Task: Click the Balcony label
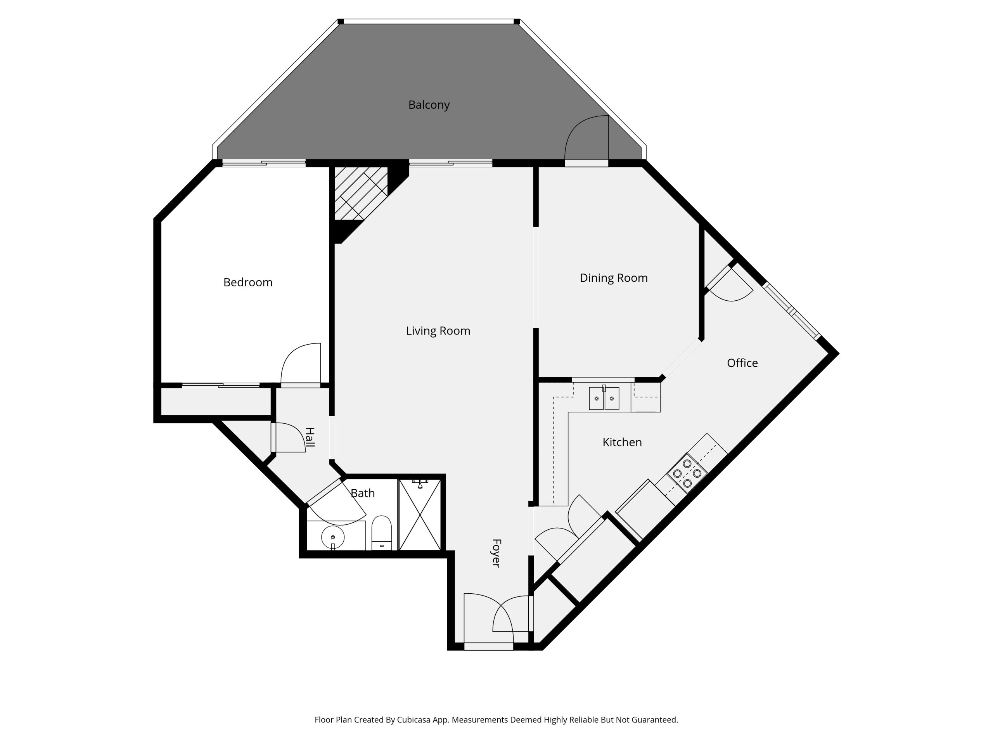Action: [x=429, y=105]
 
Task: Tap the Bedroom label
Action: [x=248, y=282]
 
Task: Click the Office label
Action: [x=742, y=363]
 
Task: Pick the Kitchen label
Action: [x=622, y=442]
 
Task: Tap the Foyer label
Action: [x=496, y=553]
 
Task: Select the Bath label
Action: [x=363, y=494]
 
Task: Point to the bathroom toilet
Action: [x=382, y=533]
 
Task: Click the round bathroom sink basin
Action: [x=333, y=537]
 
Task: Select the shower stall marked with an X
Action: [x=420, y=515]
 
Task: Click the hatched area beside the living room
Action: [x=361, y=194]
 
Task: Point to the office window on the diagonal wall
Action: [x=792, y=310]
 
